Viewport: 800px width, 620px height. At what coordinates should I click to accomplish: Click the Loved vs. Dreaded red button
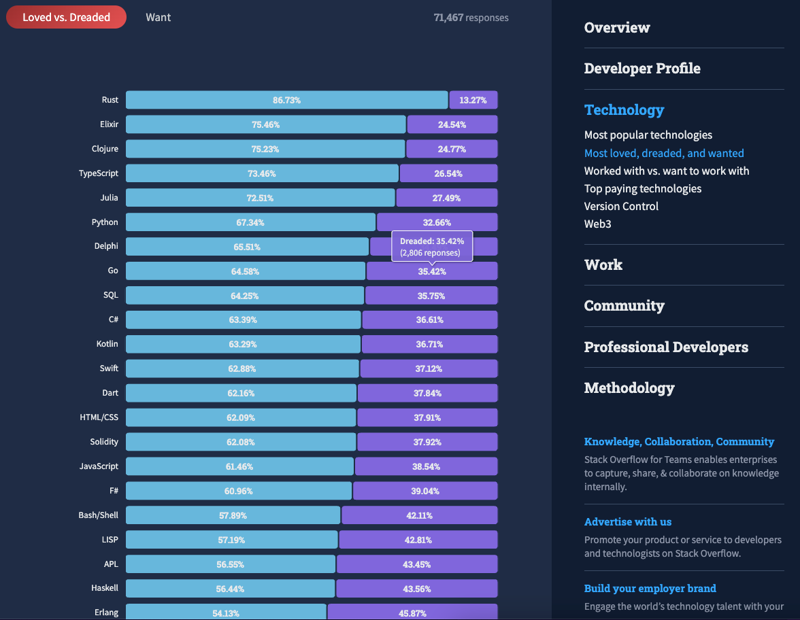click(66, 17)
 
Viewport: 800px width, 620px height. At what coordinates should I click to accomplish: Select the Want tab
click(158, 17)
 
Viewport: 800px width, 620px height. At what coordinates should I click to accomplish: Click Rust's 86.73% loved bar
click(286, 100)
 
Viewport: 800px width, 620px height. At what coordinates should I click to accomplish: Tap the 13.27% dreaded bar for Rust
click(473, 100)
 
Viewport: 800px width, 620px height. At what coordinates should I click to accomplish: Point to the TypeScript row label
click(98, 173)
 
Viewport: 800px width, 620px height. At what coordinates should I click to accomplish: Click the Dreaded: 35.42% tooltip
click(431, 247)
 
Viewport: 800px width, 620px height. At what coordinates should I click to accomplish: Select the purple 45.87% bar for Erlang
click(412, 613)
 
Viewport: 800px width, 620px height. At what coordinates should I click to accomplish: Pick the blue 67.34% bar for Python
click(250, 222)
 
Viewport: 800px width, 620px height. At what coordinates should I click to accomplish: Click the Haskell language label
click(105, 588)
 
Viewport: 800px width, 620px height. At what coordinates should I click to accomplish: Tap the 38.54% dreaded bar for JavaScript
click(427, 466)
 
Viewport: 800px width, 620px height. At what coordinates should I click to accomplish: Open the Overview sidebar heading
click(617, 28)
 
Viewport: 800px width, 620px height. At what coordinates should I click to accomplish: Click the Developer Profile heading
click(642, 69)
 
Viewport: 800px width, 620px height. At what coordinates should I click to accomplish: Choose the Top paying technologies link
click(643, 188)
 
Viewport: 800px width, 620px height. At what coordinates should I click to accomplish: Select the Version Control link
click(621, 206)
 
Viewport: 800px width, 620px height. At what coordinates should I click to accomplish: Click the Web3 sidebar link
click(598, 224)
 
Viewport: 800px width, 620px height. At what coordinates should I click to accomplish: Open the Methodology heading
click(629, 388)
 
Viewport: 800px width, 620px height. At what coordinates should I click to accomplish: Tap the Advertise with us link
click(628, 522)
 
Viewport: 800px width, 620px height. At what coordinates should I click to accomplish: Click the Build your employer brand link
click(650, 589)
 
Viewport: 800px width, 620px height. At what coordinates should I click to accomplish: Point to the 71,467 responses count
click(471, 18)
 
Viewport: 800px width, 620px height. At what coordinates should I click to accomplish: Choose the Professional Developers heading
click(666, 347)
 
